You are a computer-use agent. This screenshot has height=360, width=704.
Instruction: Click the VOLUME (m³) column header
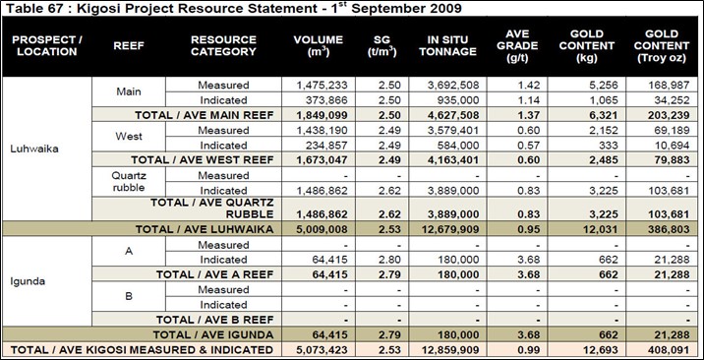pyautogui.click(x=319, y=46)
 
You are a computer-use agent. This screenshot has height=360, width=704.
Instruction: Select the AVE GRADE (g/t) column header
pyautogui.click(x=517, y=46)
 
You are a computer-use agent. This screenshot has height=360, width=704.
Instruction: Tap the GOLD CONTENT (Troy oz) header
pyautogui.click(x=662, y=46)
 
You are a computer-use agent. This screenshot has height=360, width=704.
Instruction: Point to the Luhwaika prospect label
pyautogui.click(x=34, y=150)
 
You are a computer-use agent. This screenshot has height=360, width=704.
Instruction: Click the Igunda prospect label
pyautogui.click(x=28, y=282)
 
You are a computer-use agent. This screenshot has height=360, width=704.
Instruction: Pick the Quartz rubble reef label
pyautogui.click(x=129, y=182)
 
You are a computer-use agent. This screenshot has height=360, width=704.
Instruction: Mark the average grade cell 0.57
pyautogui.click(x=529, y=146)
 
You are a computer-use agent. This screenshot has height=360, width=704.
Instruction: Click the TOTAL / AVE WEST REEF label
pyautogui.click(x=202, y=160)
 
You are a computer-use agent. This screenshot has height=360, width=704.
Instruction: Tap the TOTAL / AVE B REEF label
pyautogui.click(x=214, y=320)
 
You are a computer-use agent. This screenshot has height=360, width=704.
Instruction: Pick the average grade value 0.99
pyautogui.click(x=529, y=350)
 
